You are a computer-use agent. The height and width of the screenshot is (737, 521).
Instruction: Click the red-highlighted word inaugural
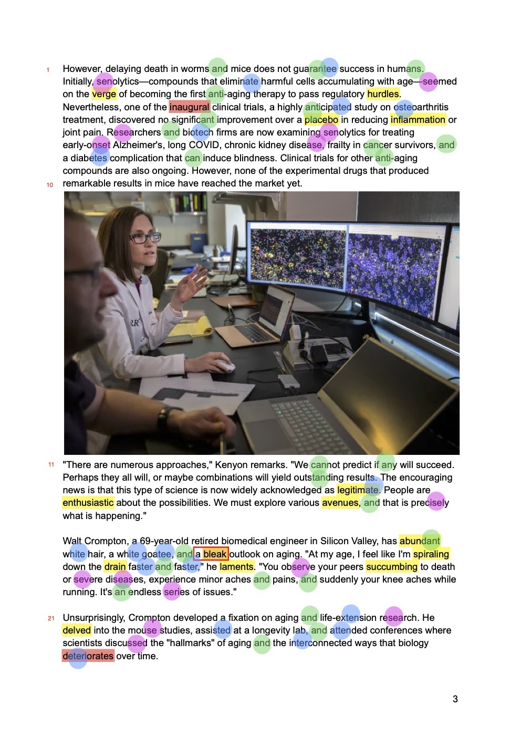[x=189, y=107]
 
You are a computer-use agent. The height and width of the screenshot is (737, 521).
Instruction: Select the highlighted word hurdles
[x=383, y=94]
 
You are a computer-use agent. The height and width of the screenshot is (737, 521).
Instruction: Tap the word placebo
[x=321, y=120]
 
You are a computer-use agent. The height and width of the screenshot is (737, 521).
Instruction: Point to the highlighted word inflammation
[x=418, y=120]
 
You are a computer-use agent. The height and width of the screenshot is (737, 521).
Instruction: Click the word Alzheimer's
[x=139, y=145]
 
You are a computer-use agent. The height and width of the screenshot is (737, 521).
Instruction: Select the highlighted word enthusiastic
[x=88, y=503]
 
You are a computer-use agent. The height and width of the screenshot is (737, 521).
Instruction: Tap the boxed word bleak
[x=214, y=554]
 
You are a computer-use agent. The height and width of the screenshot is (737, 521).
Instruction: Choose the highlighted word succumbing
[x=392, y=567]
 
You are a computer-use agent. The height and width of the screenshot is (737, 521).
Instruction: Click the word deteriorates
[x=88, y=656]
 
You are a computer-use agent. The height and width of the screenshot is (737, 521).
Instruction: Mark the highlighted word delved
[x=77, y=630]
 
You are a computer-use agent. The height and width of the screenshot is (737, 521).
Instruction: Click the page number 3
[x=455, y=699]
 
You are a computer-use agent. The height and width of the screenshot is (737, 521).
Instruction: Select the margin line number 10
[x=50, y=185]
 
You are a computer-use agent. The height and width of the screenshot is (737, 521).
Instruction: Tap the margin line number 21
[x=51, y=618]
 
